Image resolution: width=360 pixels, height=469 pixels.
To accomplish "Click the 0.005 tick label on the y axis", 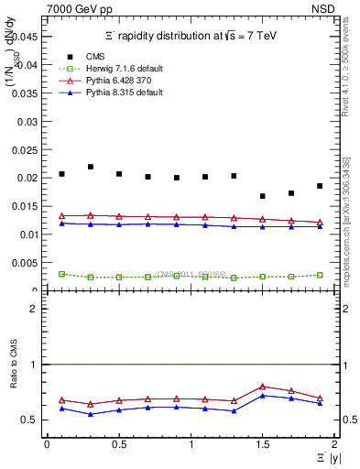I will (x=27, y=263).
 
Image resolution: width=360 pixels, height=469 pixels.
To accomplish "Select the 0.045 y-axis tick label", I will (x=27, y=37).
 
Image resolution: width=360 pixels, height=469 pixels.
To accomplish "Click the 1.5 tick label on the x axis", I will (x=263, y=443).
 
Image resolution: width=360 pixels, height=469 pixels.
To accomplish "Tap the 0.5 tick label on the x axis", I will (x=119, y=443).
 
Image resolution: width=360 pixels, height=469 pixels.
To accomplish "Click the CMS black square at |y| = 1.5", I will (x=263, y=196).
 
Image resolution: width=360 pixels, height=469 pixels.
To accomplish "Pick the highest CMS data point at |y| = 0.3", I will (x=91, y=167).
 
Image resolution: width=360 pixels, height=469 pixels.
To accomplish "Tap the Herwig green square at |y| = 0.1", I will (x=61, y=274).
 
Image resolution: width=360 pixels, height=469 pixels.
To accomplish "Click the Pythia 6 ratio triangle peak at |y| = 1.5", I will (x=263, y=387).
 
